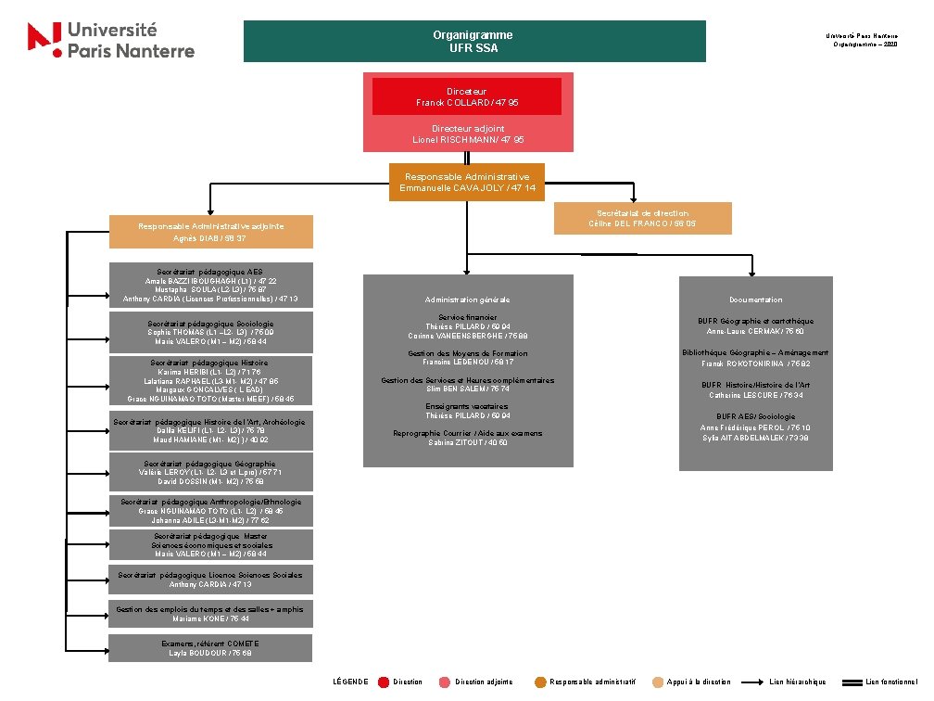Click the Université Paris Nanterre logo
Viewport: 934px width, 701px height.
(x=111, y=41)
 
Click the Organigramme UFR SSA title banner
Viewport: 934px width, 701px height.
(x=473, y=42)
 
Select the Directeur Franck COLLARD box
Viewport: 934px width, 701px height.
(x=467, y=96)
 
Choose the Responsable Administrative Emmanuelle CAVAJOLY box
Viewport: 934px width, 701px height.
(x=467, y=182)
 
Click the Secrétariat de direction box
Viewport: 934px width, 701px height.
(x=642, y=219)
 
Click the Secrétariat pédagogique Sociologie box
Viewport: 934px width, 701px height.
(x=210, y=333)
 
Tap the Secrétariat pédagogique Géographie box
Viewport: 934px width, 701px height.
(x=210, y=472)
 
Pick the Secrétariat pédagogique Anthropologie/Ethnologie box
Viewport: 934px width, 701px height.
(x=210, y=511)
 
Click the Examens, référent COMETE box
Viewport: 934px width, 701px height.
(x=210, y=648)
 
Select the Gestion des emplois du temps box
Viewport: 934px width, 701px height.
(x=210, y=614)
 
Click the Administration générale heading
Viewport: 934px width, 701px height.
(x=467, y=300)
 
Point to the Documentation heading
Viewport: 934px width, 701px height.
(x=755, y=300)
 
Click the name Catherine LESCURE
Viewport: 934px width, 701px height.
(x=742, y=395)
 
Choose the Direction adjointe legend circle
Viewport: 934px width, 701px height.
(x=445, y=682)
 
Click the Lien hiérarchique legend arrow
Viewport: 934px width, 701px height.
(x=755, y=682)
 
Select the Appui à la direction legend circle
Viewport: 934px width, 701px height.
(x=658, y=682)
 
